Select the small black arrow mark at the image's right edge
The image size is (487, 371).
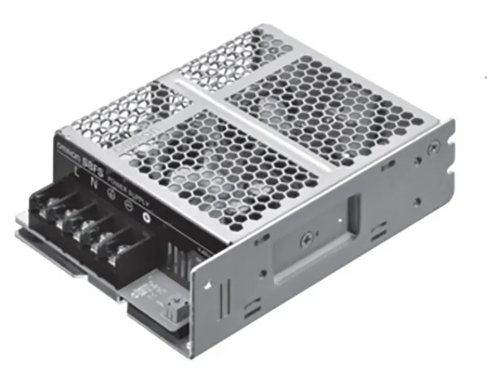coord(485,76)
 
